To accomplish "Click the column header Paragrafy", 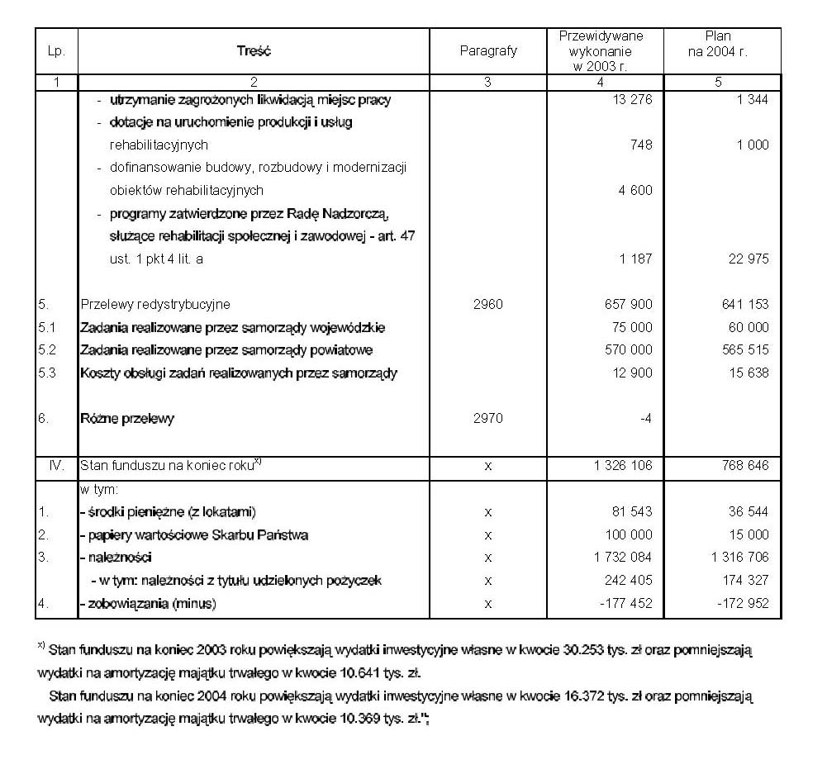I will click(x=488, y=51).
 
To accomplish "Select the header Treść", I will click(x=253, y=51).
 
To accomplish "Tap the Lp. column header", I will click(x=56, y=51).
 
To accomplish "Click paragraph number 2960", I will click(x=488, y=305).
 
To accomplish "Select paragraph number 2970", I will click(x=488, y=419).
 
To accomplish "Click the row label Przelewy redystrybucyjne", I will click(x=155, y=305).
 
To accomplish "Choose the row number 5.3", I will click(x=47, y=373).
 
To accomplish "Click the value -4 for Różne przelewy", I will click(x=645, y=419).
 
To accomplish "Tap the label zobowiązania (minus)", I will click(x=149, y=604).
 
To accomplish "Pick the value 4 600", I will click(x=635, y=191).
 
